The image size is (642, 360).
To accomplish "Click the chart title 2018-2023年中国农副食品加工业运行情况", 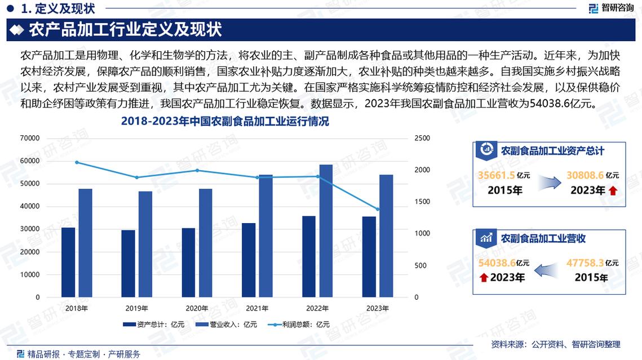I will click(225, 121).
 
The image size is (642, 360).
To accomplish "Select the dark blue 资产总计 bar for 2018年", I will click(68, 262).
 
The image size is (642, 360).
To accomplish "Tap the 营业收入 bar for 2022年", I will click(326, 230).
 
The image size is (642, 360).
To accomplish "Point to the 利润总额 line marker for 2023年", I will click(377, 209).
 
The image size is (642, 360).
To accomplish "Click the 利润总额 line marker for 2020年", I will click(197, 170).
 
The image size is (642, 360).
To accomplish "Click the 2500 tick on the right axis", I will click(422, 138).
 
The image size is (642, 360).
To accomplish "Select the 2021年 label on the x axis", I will click(257, 308).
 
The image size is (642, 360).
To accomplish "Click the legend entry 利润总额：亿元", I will click(298, 325).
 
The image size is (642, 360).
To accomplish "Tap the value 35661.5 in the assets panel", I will click(497, 175).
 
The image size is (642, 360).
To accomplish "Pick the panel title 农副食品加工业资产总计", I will click(552, 151).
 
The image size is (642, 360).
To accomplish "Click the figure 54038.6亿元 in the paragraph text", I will click(558, 104).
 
